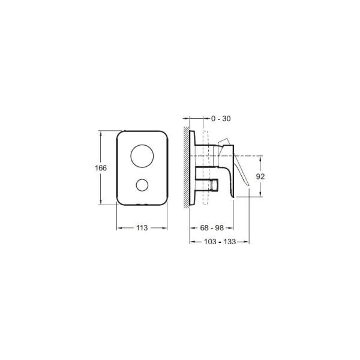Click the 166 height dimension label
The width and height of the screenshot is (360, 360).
click(x=101, y=168)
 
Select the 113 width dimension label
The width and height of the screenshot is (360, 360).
click(x=142, y=228)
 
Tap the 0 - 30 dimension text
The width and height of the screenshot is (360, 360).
click(x=221, y=119)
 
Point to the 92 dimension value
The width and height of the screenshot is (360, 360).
click(x=260, y=176)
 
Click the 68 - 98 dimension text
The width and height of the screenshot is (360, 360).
click(x=212, y=228)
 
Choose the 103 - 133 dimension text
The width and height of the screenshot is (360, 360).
click(x=220, y=242)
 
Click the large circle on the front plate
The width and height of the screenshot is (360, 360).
click(x=142, y=156)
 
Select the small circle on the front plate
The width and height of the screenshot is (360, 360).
click(x=142, y=185)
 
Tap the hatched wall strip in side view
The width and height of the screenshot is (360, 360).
click(x=187, y=167)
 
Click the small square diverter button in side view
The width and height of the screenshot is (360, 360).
click(x=214, y=185)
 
